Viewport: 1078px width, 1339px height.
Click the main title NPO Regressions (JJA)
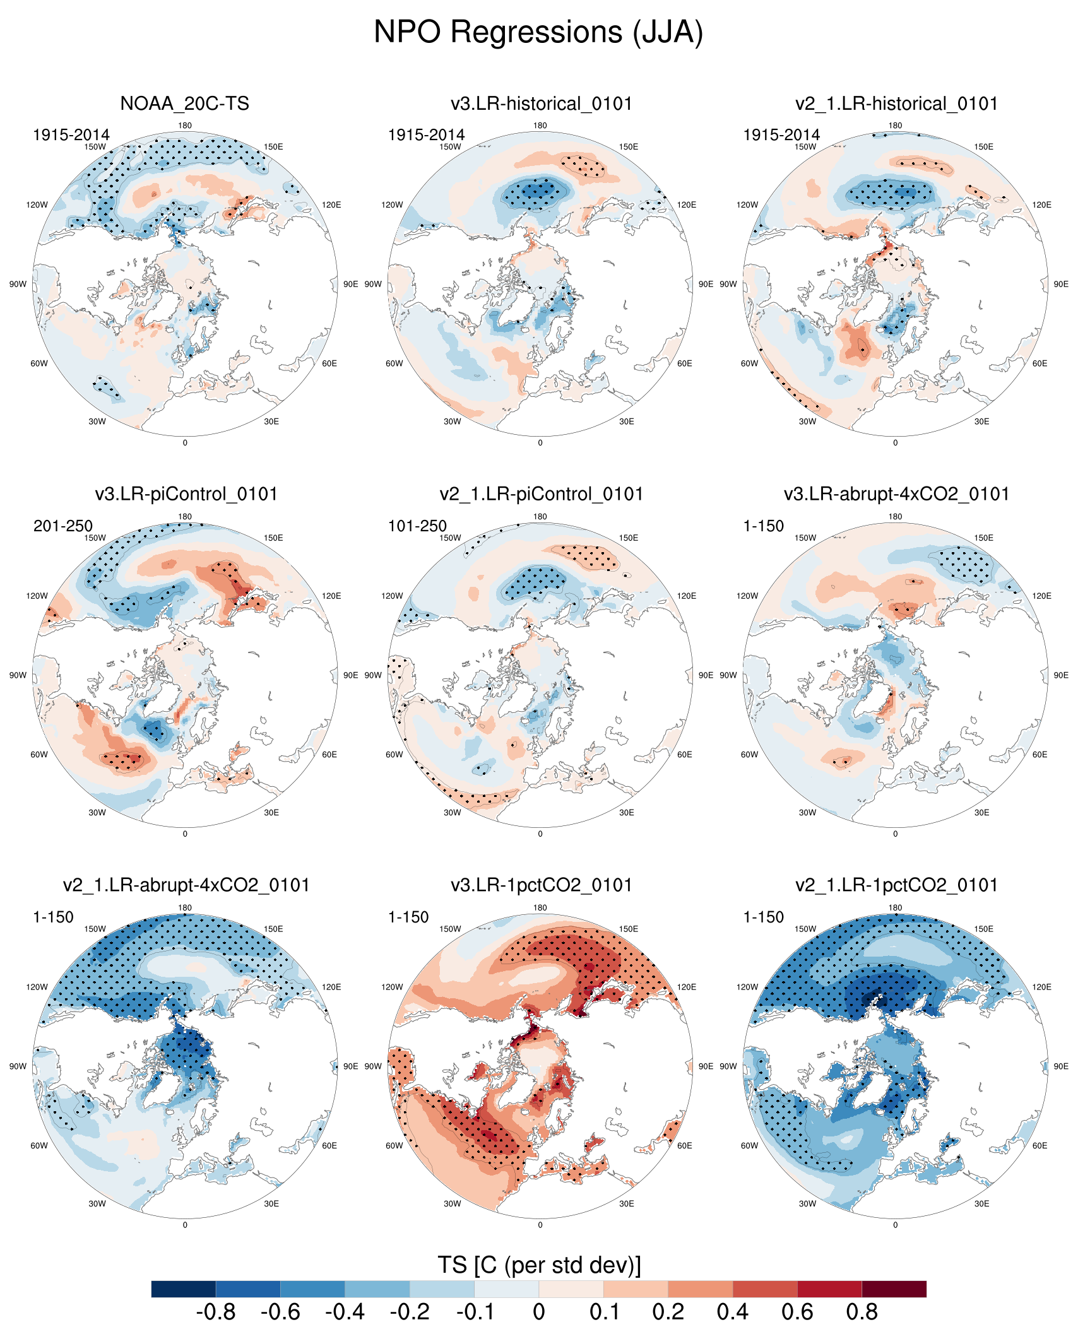pos(538,32)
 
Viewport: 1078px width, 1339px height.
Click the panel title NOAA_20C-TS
pos(184,103)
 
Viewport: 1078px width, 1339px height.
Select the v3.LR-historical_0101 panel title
pos(541,103)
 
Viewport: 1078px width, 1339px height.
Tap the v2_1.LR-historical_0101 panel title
pos(896,103)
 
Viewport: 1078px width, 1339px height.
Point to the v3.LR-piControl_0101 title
pos(186,494)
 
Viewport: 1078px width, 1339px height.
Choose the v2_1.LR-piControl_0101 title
pos(541,494)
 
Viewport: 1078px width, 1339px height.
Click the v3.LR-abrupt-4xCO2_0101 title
pos(896,494)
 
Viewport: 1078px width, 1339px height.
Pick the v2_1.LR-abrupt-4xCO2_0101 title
pos(186,885)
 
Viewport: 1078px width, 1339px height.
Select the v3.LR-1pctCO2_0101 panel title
pos(541,885)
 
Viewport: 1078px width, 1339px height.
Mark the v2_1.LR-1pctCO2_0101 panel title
pos(896,885)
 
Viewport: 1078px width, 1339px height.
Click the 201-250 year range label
pos(63,526)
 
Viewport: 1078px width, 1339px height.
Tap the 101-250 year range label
pos(417,526)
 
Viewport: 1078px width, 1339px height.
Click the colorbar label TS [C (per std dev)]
pos(539,1265)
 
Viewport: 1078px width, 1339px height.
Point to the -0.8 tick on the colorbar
pos(216,1312)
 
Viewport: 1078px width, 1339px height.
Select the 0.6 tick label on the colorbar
pos(797,1312)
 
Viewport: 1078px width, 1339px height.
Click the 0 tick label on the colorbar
pos(539,1312)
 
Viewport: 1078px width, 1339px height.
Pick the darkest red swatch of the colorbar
pos(894,1289)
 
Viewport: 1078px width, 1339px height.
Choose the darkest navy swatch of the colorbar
pos(184,1289)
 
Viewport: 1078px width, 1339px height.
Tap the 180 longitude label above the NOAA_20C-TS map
pos(185,126)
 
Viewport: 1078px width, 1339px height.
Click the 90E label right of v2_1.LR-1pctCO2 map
pos(1061,1066)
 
